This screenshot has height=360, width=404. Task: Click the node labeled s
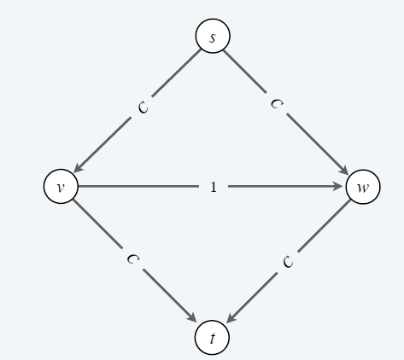pyautogui.click(x=213, y=36)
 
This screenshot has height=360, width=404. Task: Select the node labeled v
pyautogui.click(x=61, y=186)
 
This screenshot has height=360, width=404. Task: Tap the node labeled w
pyautogui.click(x=363, y=187)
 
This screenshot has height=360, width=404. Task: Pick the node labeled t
pyautogui.click(x=212, y=337)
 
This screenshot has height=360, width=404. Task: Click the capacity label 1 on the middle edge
pyautogui.click(x=214, y=187)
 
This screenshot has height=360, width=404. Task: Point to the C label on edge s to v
pyautogui.click(x=143, y=107)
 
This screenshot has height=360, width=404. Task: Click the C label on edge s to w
pyautogui.click(x=277, y=103)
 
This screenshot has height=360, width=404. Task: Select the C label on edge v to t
pyautogui.click(x=133, y=258)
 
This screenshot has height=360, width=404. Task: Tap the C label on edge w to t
pyautogui.click(x=288, y=262)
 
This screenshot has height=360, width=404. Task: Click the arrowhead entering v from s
pyautogui.click(x=78, y=168)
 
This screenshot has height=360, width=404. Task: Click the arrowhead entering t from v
pyautogui.click(x=192, y=317)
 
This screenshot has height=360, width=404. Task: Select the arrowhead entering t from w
pyautogui.click(x=231, y=318)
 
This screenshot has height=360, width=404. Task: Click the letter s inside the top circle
pyautogui.click(x=213, y=38)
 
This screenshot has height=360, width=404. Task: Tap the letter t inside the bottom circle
pyautogui.click(x=213, y=338)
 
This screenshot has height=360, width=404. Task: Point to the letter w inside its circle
pyautogui.click(x=363, y=188)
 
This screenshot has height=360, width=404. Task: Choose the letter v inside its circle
pyautogui.click(x=61, y=188)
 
